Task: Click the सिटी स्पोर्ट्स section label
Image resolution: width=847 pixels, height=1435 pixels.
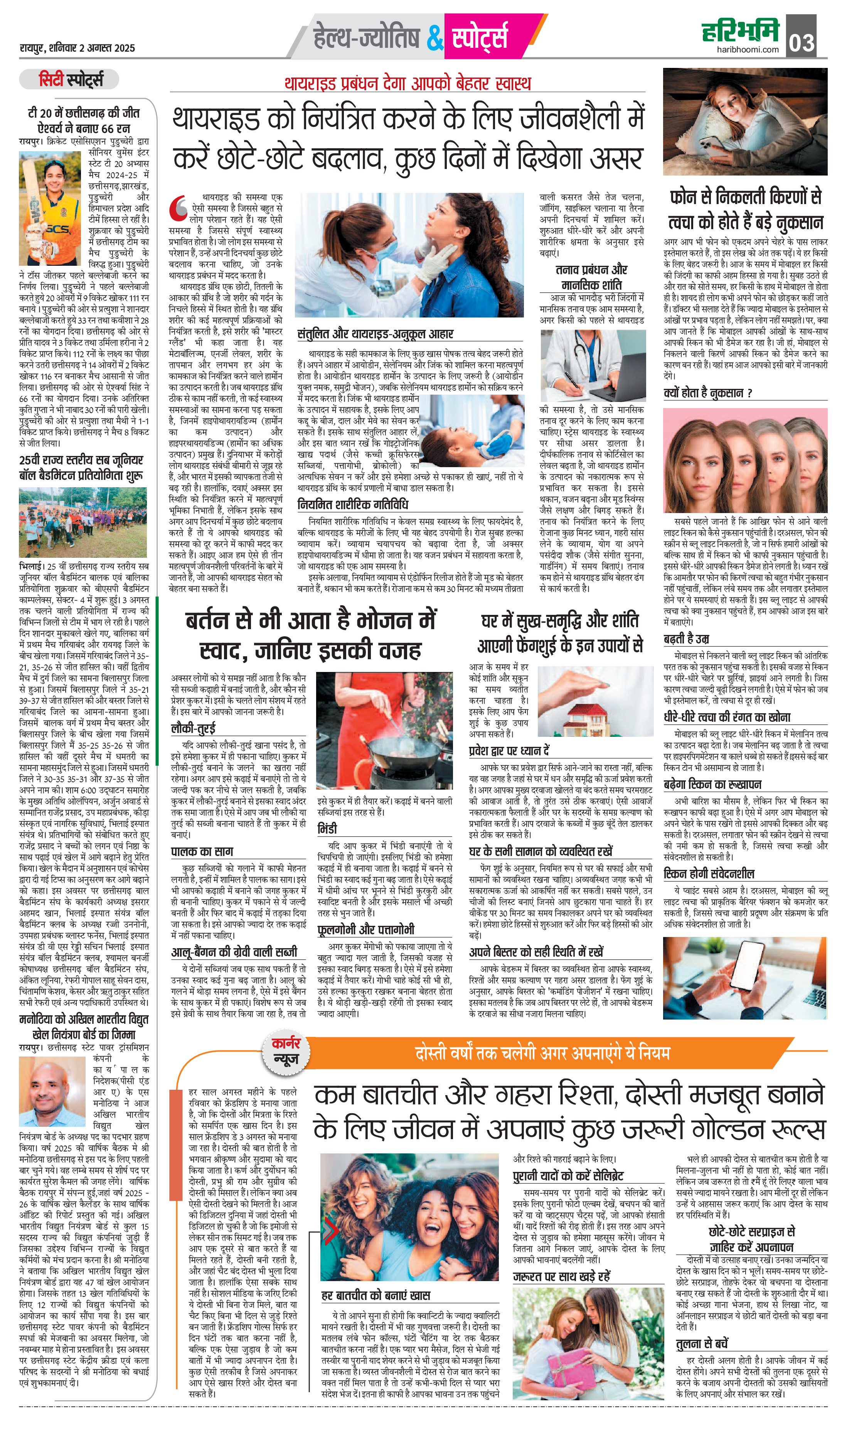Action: point(70,80)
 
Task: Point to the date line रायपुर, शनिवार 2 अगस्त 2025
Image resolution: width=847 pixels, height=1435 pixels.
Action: point(77,48)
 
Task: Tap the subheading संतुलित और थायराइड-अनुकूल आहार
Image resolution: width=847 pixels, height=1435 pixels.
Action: point(375,334)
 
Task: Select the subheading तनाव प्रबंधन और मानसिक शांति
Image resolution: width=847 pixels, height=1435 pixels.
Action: point(591,277)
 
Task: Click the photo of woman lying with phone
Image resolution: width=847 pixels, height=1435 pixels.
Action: point(744,122)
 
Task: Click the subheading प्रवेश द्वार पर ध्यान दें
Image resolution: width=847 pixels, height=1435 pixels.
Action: point(509,750)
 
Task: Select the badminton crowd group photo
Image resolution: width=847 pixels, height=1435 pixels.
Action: point(83,522)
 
